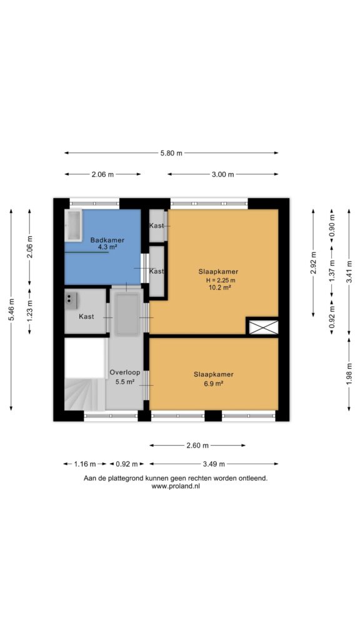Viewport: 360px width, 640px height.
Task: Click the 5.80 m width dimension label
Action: tap(171, 153)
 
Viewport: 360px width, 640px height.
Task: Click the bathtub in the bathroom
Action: tap(73, 225)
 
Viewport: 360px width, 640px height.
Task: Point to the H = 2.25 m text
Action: tap(221, 280)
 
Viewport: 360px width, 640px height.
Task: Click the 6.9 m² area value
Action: tap(214, 384)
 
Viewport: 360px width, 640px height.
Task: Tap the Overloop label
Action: tap(124, 372)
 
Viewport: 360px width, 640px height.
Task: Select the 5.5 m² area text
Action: tap(125, 382)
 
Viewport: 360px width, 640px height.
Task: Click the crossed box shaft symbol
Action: tap(263, 327)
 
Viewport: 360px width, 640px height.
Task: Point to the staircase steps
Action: tap(84, 394)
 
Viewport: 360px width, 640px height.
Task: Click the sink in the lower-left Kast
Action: tap(71, 301)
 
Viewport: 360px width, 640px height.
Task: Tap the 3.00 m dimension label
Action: tap(223, 174)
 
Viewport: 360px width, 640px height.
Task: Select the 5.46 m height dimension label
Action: tap(11, 310)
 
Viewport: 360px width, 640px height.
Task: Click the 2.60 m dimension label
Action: tap(197, 445)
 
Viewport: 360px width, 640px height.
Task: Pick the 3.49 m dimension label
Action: tap(214, 464)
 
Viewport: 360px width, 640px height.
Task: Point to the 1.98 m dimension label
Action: tap(349, 374)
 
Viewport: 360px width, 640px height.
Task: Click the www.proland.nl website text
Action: tap(176, 486)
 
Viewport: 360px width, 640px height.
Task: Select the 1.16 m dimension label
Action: tap(85, 464)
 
